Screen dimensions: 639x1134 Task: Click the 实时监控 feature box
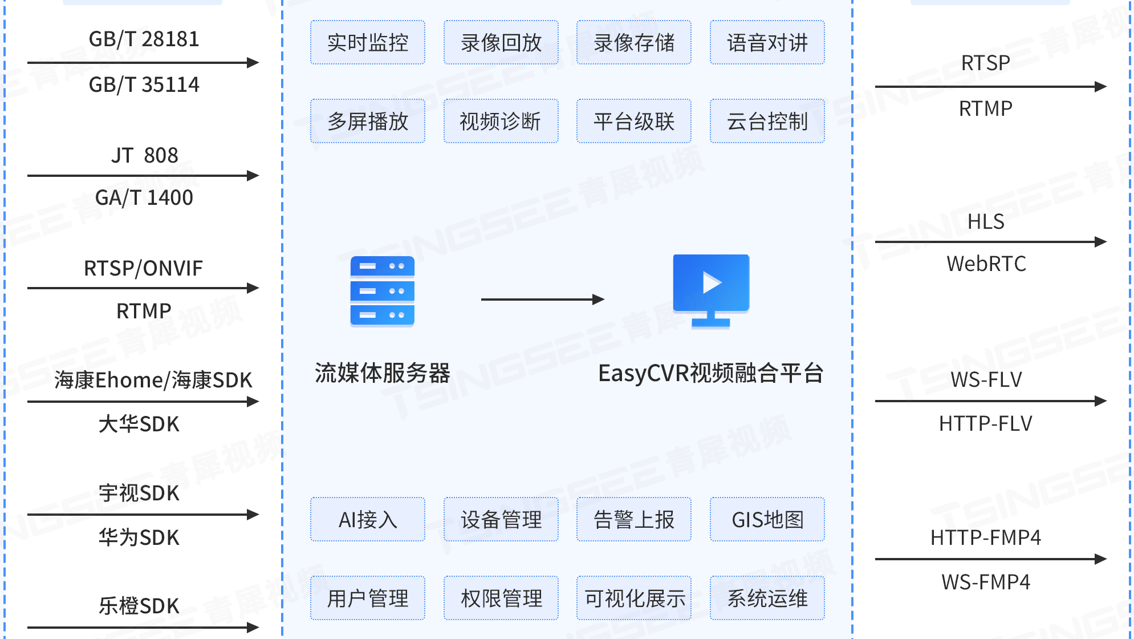pyautogui.click(x=368, y=43)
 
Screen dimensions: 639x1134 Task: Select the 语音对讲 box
pyautogui.click(x=767, y=43)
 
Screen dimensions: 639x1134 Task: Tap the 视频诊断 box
pyautogui.click(x=501, y=121)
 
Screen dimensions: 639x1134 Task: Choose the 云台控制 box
pyautogui.click(x=767, y=121)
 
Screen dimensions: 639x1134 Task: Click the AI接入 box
pyautogui.click(x=368, y=519)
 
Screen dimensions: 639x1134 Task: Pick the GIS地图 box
pyautogui.click(x=767, y=519)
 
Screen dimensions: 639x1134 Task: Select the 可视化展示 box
pyautogui.click(x=634, y=598)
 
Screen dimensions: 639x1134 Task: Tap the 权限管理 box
pyautogui.click(x=501, y=598)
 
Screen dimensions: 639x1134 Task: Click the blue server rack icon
pyautogui.click(x=382, y=292)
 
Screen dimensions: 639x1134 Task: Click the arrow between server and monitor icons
pyautogui.click(x=542, y=300)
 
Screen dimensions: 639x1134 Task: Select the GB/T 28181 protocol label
pyautogui.click(x=144, y=39)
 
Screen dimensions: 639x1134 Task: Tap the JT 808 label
pyautogui.click(x=144, y=155)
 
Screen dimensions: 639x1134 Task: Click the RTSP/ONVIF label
pyautogui.click(x=143, y=268)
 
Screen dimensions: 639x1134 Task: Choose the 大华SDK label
pyautogui.click(x=139, y=424)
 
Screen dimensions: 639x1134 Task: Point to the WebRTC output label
pyautogui.click(x=986, y=264)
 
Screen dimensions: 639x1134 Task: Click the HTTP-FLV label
pyautogui.click(x=985, y=423)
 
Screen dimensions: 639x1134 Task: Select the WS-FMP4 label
pyautogui.click(x=985, y=582)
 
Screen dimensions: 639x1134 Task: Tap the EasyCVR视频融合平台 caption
pyautogui.click(x=710, y=373)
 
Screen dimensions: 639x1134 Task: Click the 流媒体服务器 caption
pyautogui.click(x=382, y=373)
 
